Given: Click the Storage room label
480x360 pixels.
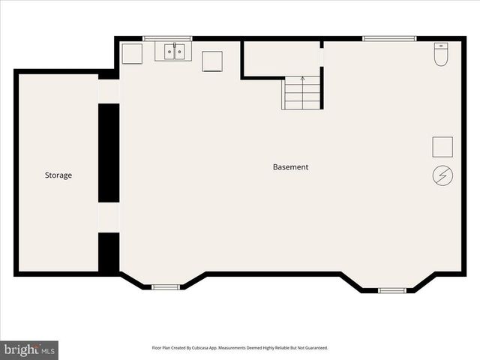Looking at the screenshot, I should pyautogui.click(x=58, y=175).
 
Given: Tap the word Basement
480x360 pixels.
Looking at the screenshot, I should pyautogui.click(x=290, y=167).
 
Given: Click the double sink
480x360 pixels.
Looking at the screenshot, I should pyautogui.click(x=174, y=51).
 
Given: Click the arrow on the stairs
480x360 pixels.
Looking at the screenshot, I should pyautogui.click(x=302, y=78).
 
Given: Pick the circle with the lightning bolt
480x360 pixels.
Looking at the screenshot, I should pyautogui.click(x=442, y=175).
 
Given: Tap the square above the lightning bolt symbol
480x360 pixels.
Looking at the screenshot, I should pyautogui.click(x=442, y=146).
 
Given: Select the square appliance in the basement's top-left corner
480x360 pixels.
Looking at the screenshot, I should pyautogui.click(x=132, y=53).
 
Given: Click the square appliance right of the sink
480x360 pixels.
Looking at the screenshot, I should pyautogui.click(x=212, y=61).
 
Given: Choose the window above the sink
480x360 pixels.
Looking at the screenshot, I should pyautogui.click(x=167, y=38).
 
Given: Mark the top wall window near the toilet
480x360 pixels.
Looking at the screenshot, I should pyautogui.click(x=389, y=38).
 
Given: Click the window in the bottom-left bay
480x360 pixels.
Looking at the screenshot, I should pyautogui.click(x=165, y=286).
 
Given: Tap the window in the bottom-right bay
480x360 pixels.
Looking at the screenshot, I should pyautogui.click(x=392, y=289).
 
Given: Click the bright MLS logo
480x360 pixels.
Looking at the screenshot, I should pyautogui.click(x=29, y=349).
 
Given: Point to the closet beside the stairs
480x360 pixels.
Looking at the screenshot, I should pyautogui.click(x=280, y=58).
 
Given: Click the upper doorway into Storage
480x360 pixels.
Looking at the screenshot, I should pyautogui.click(x=109, y=91).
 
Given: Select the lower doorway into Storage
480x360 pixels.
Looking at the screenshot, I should pyautogui.click(x=109, y=217).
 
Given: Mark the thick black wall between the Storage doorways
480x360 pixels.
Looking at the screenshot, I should pyautogui.click(x=109, y=152).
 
